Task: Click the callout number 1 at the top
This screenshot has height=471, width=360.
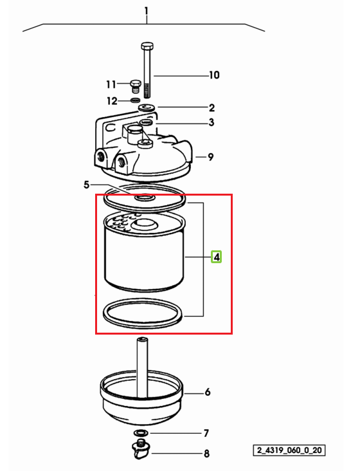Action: (x=146, y=12)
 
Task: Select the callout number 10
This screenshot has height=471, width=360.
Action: (x=214, y=75)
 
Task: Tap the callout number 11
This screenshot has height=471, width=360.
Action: (x=111, y=84)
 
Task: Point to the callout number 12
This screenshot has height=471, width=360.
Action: (x=113, y=100)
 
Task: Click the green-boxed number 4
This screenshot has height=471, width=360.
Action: (x=216, y=257)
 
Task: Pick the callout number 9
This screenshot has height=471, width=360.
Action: (x=211, y=157)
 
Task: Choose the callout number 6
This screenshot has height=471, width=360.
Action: (x=208, y=392)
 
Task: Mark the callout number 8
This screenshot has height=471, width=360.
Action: (x=207, y=453)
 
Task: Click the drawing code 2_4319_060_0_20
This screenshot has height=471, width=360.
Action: (x=289, y=450)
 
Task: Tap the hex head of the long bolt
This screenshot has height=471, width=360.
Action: (x=147, y=47)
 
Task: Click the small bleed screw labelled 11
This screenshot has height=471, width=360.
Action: (x=136, y=87)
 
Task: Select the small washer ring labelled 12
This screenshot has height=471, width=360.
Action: (x=136, y=100)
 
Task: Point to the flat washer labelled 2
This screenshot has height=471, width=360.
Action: (x=147, y=107)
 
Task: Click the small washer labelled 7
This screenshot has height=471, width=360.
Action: (x=141, y=433)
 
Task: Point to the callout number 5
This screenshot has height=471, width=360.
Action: (x=86, y=185)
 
